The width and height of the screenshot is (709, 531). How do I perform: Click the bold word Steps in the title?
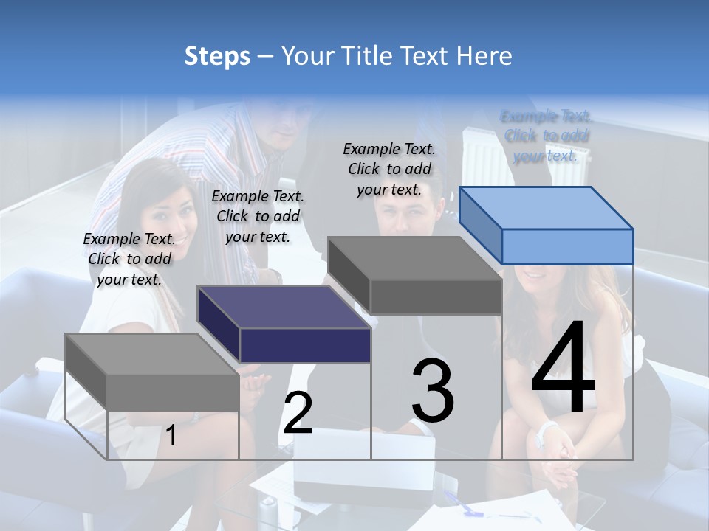(x=217, y=56)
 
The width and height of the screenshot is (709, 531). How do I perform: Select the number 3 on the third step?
(x=433, y=391)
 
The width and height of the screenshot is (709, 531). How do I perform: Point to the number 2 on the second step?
(x=298, y=413)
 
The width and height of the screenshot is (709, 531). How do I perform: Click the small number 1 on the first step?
(x=171, y=436)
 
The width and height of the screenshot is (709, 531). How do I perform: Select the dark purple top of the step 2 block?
(x=284, y=307)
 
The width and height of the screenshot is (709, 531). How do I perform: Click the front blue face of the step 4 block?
(x=567, y=246)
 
